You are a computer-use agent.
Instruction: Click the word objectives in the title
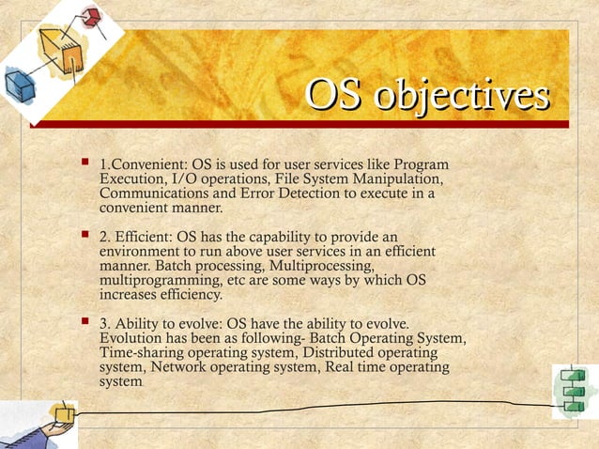coord(462,96)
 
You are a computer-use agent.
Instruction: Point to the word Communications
coord(152,194)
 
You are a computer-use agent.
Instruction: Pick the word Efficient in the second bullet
coord(154,239)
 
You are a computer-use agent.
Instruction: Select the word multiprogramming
coord(155,281)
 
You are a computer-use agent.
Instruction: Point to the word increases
coord(131,295)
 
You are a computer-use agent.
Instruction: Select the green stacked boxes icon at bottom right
coord(573,389)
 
